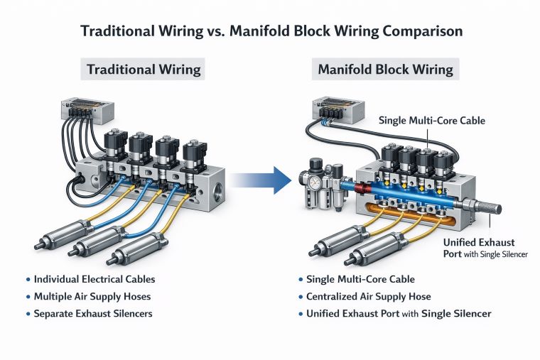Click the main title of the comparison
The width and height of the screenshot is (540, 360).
[271, 32]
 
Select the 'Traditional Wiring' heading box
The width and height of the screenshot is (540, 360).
[144, 70]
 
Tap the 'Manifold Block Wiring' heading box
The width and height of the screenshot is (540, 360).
[385, 70]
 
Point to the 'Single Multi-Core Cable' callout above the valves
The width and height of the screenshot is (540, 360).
[432, 121]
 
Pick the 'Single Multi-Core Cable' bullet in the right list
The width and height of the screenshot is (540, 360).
[360, 279]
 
